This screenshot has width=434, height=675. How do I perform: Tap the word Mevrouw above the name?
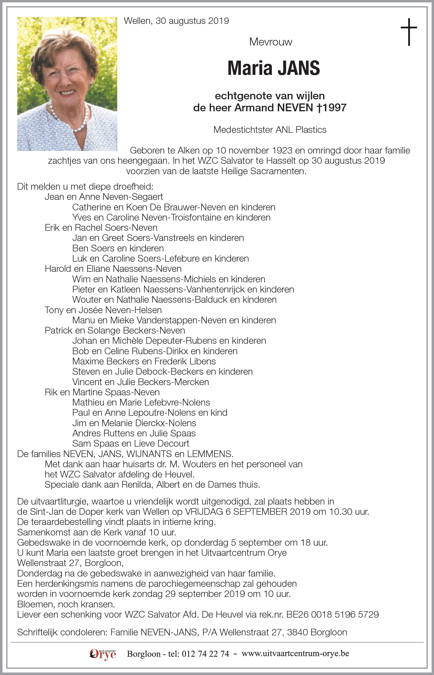271,42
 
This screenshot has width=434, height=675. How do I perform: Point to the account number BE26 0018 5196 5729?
332,614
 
